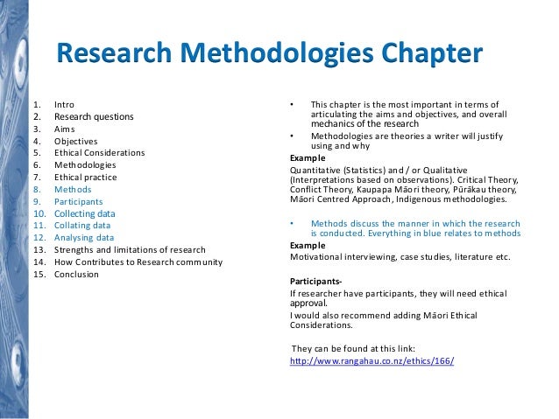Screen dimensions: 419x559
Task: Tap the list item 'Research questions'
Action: pos(94,116)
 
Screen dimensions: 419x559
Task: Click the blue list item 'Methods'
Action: pos(72,188)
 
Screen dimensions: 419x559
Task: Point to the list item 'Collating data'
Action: pos(83,225)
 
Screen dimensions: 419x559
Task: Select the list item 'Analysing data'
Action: pos(83,237)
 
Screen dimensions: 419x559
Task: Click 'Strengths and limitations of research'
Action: pos(130,249)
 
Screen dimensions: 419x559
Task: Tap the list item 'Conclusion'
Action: pos(76,274)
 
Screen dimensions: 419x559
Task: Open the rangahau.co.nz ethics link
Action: pos(371,361)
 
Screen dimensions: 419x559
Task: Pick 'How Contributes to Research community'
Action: pos(138,262)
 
